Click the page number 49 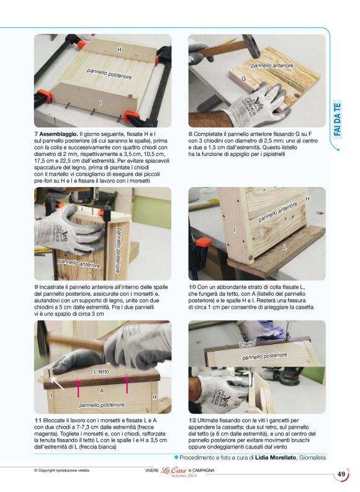click(x=341, y=474)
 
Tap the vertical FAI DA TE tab click(x=337, y=119)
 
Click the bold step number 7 click(x=36, y=134)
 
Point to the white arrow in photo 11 click(x=57, y=383)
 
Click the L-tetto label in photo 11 click(x=101, y=371)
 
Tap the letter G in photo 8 click(x=244, y=79)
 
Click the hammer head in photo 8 click(x=251, y=46)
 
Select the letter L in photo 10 click(x=285, y=247)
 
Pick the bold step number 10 click(x=192, y=287)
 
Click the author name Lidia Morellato click(x=276, y=457)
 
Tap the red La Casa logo click(x=173, y=470)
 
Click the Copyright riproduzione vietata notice click(x=61, y=470)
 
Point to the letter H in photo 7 click(x=119, y=50)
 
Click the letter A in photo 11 click(x=102, y=391)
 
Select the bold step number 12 click(x=192, y=420)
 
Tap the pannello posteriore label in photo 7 click(x=109, y=74)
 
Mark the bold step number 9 click(x=36, y=287)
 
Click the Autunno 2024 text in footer click(x=184, y=476)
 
